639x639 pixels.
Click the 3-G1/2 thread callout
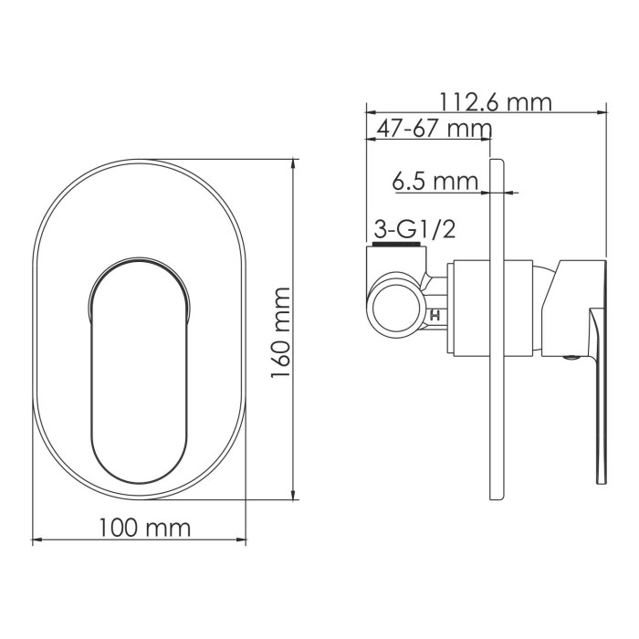coord(414,230)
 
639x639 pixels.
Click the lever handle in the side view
coord(598,383)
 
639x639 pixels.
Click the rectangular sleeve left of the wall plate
coord(471,308)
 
